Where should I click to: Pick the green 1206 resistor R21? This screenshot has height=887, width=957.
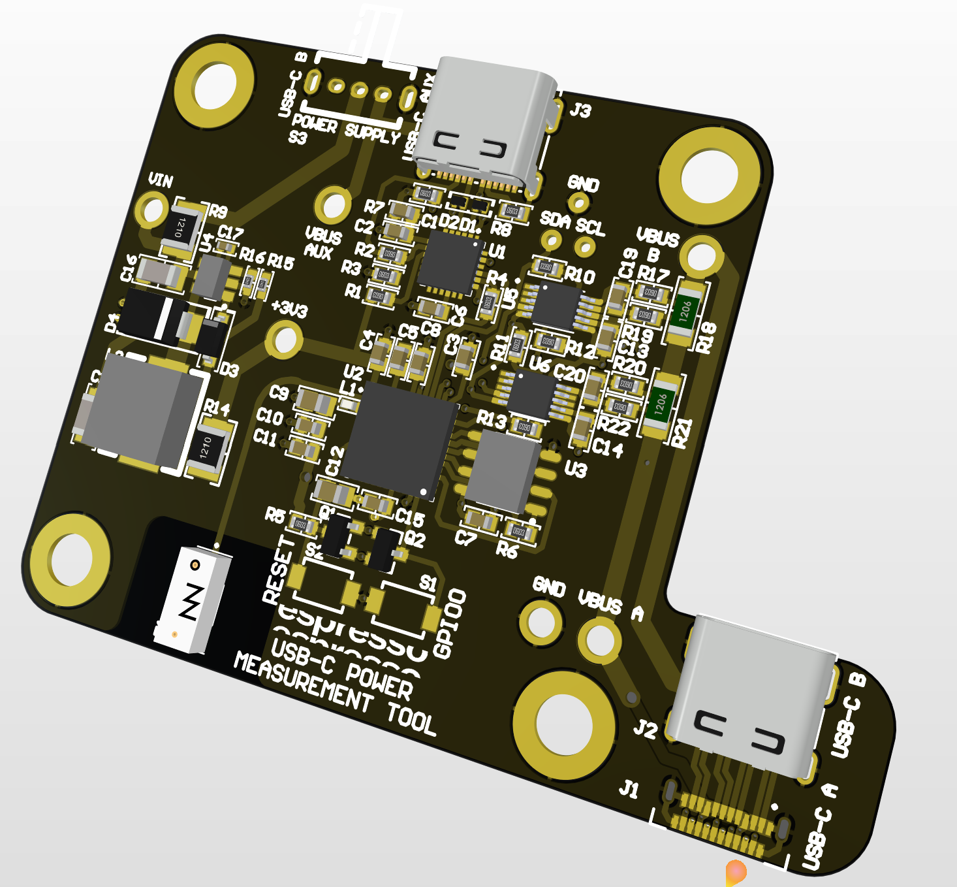coord(661,403)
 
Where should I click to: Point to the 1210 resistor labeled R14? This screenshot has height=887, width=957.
coord(208,449)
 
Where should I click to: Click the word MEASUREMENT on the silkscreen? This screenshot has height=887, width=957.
coord(303,683)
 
